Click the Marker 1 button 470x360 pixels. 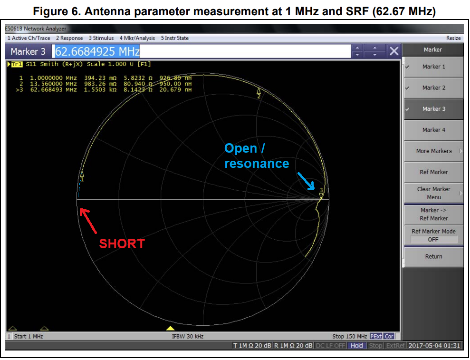pos(433,67)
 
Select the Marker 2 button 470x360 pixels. pos(433,88)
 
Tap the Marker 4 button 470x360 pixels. pos(433,130)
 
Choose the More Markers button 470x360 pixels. pos(433,151)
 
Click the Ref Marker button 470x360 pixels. pos(433,172)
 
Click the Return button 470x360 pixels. pos(433,256)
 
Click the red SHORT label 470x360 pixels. pos(122,243)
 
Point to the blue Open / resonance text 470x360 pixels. pos(256,156)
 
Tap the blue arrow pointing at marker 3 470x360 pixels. pos(306,181)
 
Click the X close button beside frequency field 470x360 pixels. pos(393,51)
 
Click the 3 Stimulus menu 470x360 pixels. pos(101,38)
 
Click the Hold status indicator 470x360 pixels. pos(356,346)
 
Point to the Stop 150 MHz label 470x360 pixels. pos(349,336)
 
